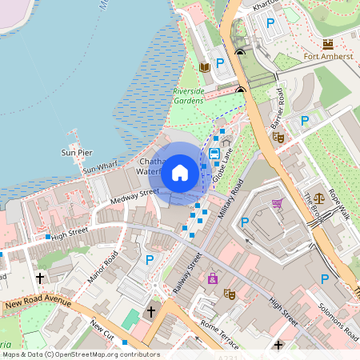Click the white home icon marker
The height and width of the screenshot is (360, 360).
coord(180,172)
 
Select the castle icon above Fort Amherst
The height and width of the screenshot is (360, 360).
coord(327,42)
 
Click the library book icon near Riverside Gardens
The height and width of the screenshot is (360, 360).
coord(205,67)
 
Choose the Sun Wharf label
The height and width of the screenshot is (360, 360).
coord(100,166)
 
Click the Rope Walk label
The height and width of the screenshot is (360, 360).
coord(339,206)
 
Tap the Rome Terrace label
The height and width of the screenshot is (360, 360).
coord(221,335)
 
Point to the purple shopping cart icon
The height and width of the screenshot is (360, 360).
coord(278,203)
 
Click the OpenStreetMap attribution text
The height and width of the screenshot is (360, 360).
coord(81,354)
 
